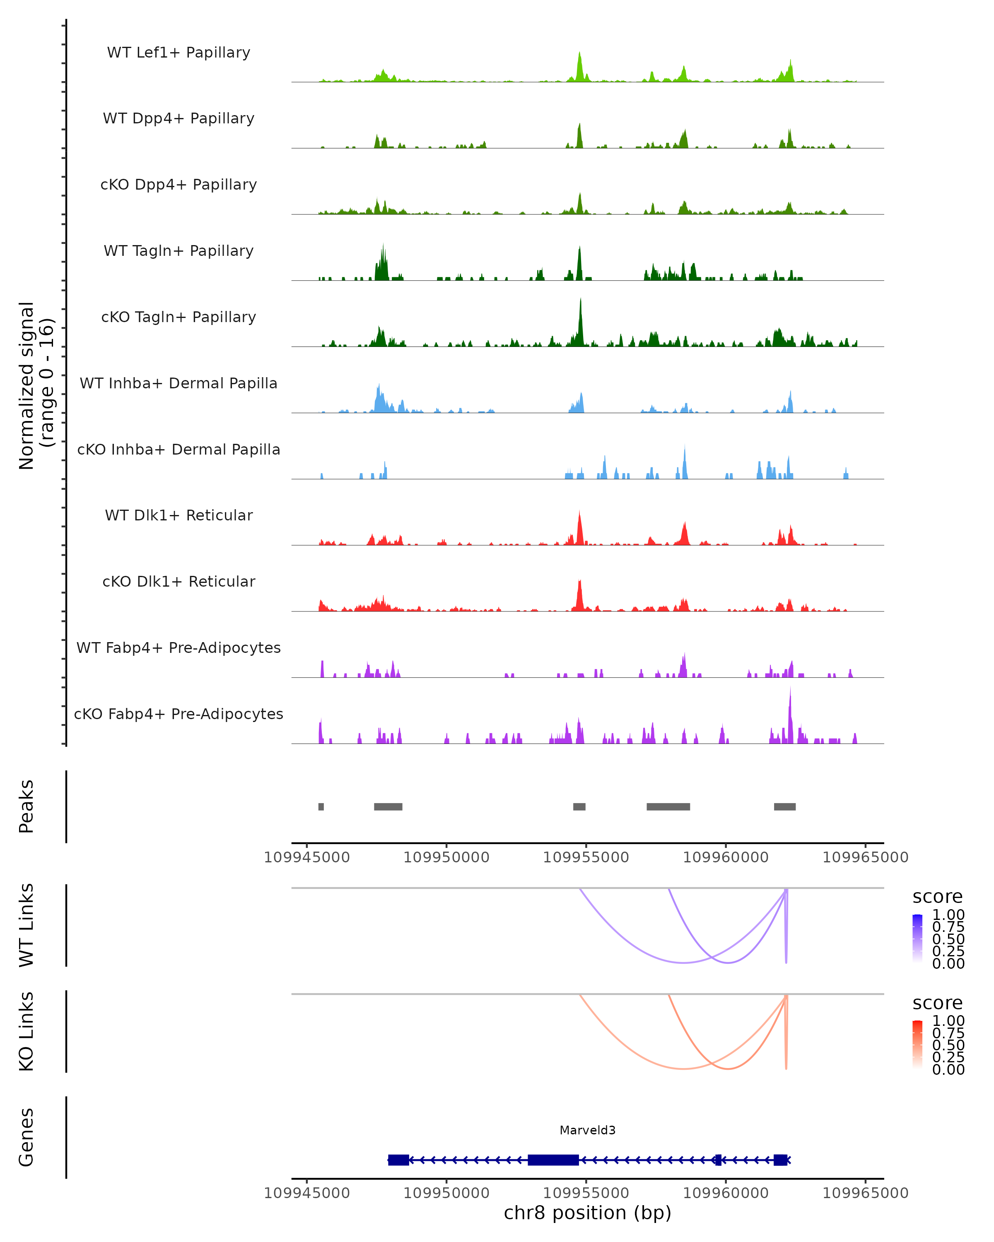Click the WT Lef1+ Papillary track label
[179, 53]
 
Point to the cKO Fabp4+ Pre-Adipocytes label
[179, 714]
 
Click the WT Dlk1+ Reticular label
[179, 515]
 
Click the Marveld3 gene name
[587, 1130]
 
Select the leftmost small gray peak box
[321, 806]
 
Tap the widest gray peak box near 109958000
[668, 806]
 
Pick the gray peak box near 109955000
[579, 806]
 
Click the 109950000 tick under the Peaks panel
[446, 857]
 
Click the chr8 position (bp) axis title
[587, 1213]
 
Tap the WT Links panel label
[27, 925]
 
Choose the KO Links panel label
[27, 1031]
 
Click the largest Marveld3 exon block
[553, 1160]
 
